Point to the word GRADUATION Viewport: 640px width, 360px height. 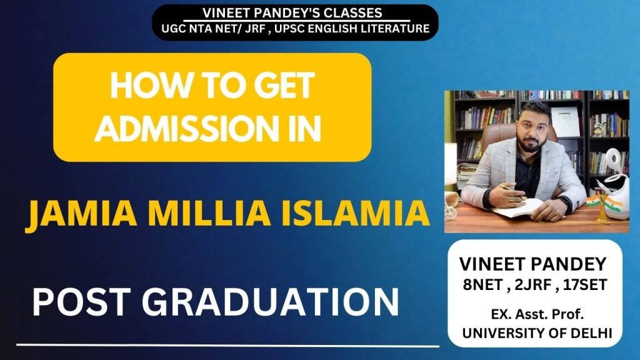tap(270, 302)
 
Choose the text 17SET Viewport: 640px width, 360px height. tap(585, 284)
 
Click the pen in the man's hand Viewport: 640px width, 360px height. tap(514, 192)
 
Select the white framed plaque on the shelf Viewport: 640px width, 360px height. tap(565, 121)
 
